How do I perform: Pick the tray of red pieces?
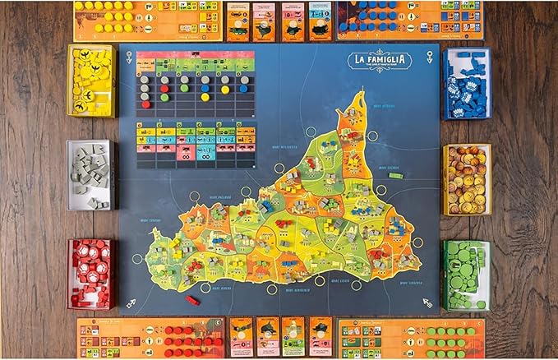point(91,273)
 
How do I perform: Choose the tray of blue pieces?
point(466,83)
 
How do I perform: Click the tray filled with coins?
point(466,179)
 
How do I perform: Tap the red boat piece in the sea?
point(192,300)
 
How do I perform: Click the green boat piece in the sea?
point(396,175)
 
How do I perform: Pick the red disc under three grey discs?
point(145,104)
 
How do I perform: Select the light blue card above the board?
point(319,21)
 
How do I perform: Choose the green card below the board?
point(293,336)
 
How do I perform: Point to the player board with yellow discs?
point(148,20)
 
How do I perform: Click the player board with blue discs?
point(408,20)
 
